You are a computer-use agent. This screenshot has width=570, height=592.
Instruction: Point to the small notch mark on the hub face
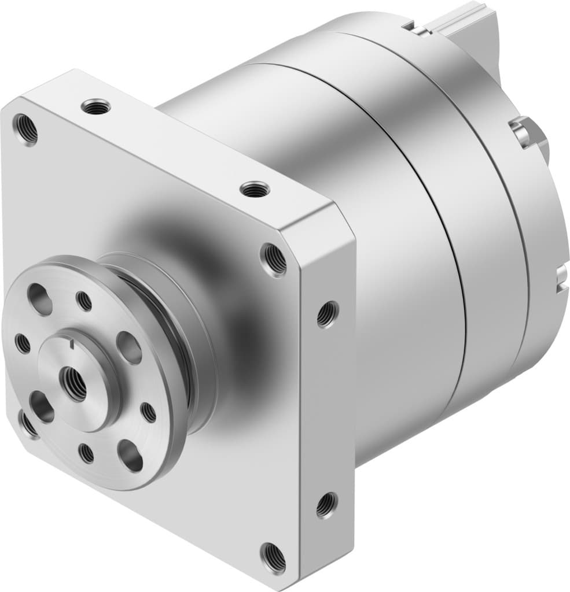(x=71, y=346)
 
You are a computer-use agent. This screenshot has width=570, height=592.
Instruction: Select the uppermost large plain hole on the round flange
(x=39, y=298)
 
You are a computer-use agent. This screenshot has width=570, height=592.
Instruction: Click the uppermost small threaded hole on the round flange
(x=84, y=301)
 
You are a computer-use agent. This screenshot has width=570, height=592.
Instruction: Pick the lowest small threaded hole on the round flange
(x=86, y=453)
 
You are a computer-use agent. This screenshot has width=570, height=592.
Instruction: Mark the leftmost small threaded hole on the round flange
(x=23, y=343)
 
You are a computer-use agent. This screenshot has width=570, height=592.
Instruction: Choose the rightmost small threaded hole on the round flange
(x=149, y=412)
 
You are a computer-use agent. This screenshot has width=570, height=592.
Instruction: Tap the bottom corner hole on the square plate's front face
(x=273, y=557)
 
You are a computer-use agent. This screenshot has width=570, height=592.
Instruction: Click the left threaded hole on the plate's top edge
(x=95, y=106)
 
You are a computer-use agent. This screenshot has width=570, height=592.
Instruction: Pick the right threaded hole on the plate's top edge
(x=255, y=188)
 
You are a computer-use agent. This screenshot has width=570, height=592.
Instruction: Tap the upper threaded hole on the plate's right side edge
(x=327, y=314)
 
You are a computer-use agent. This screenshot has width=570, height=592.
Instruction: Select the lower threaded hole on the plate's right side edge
(x=326, y=504)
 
